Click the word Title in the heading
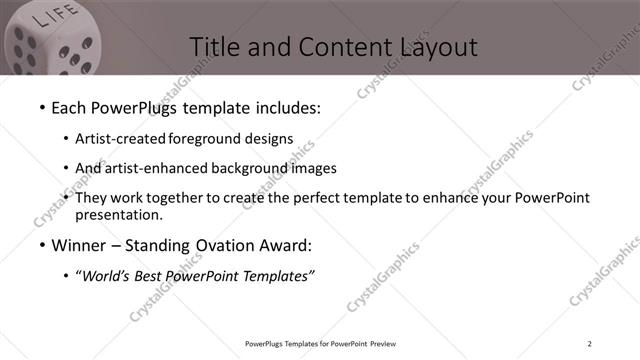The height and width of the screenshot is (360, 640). (x=213, y=46)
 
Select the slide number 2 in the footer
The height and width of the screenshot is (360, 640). (x=590, y=344)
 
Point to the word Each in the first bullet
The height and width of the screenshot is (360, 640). (x=72, y=106)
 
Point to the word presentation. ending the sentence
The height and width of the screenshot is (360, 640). (x=118, y=214)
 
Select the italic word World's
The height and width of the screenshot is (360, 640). (x=105, y=277)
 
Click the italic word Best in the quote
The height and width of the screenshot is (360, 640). (x=150, y=277)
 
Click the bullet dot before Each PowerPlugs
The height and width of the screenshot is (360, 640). (x=42, y=107)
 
